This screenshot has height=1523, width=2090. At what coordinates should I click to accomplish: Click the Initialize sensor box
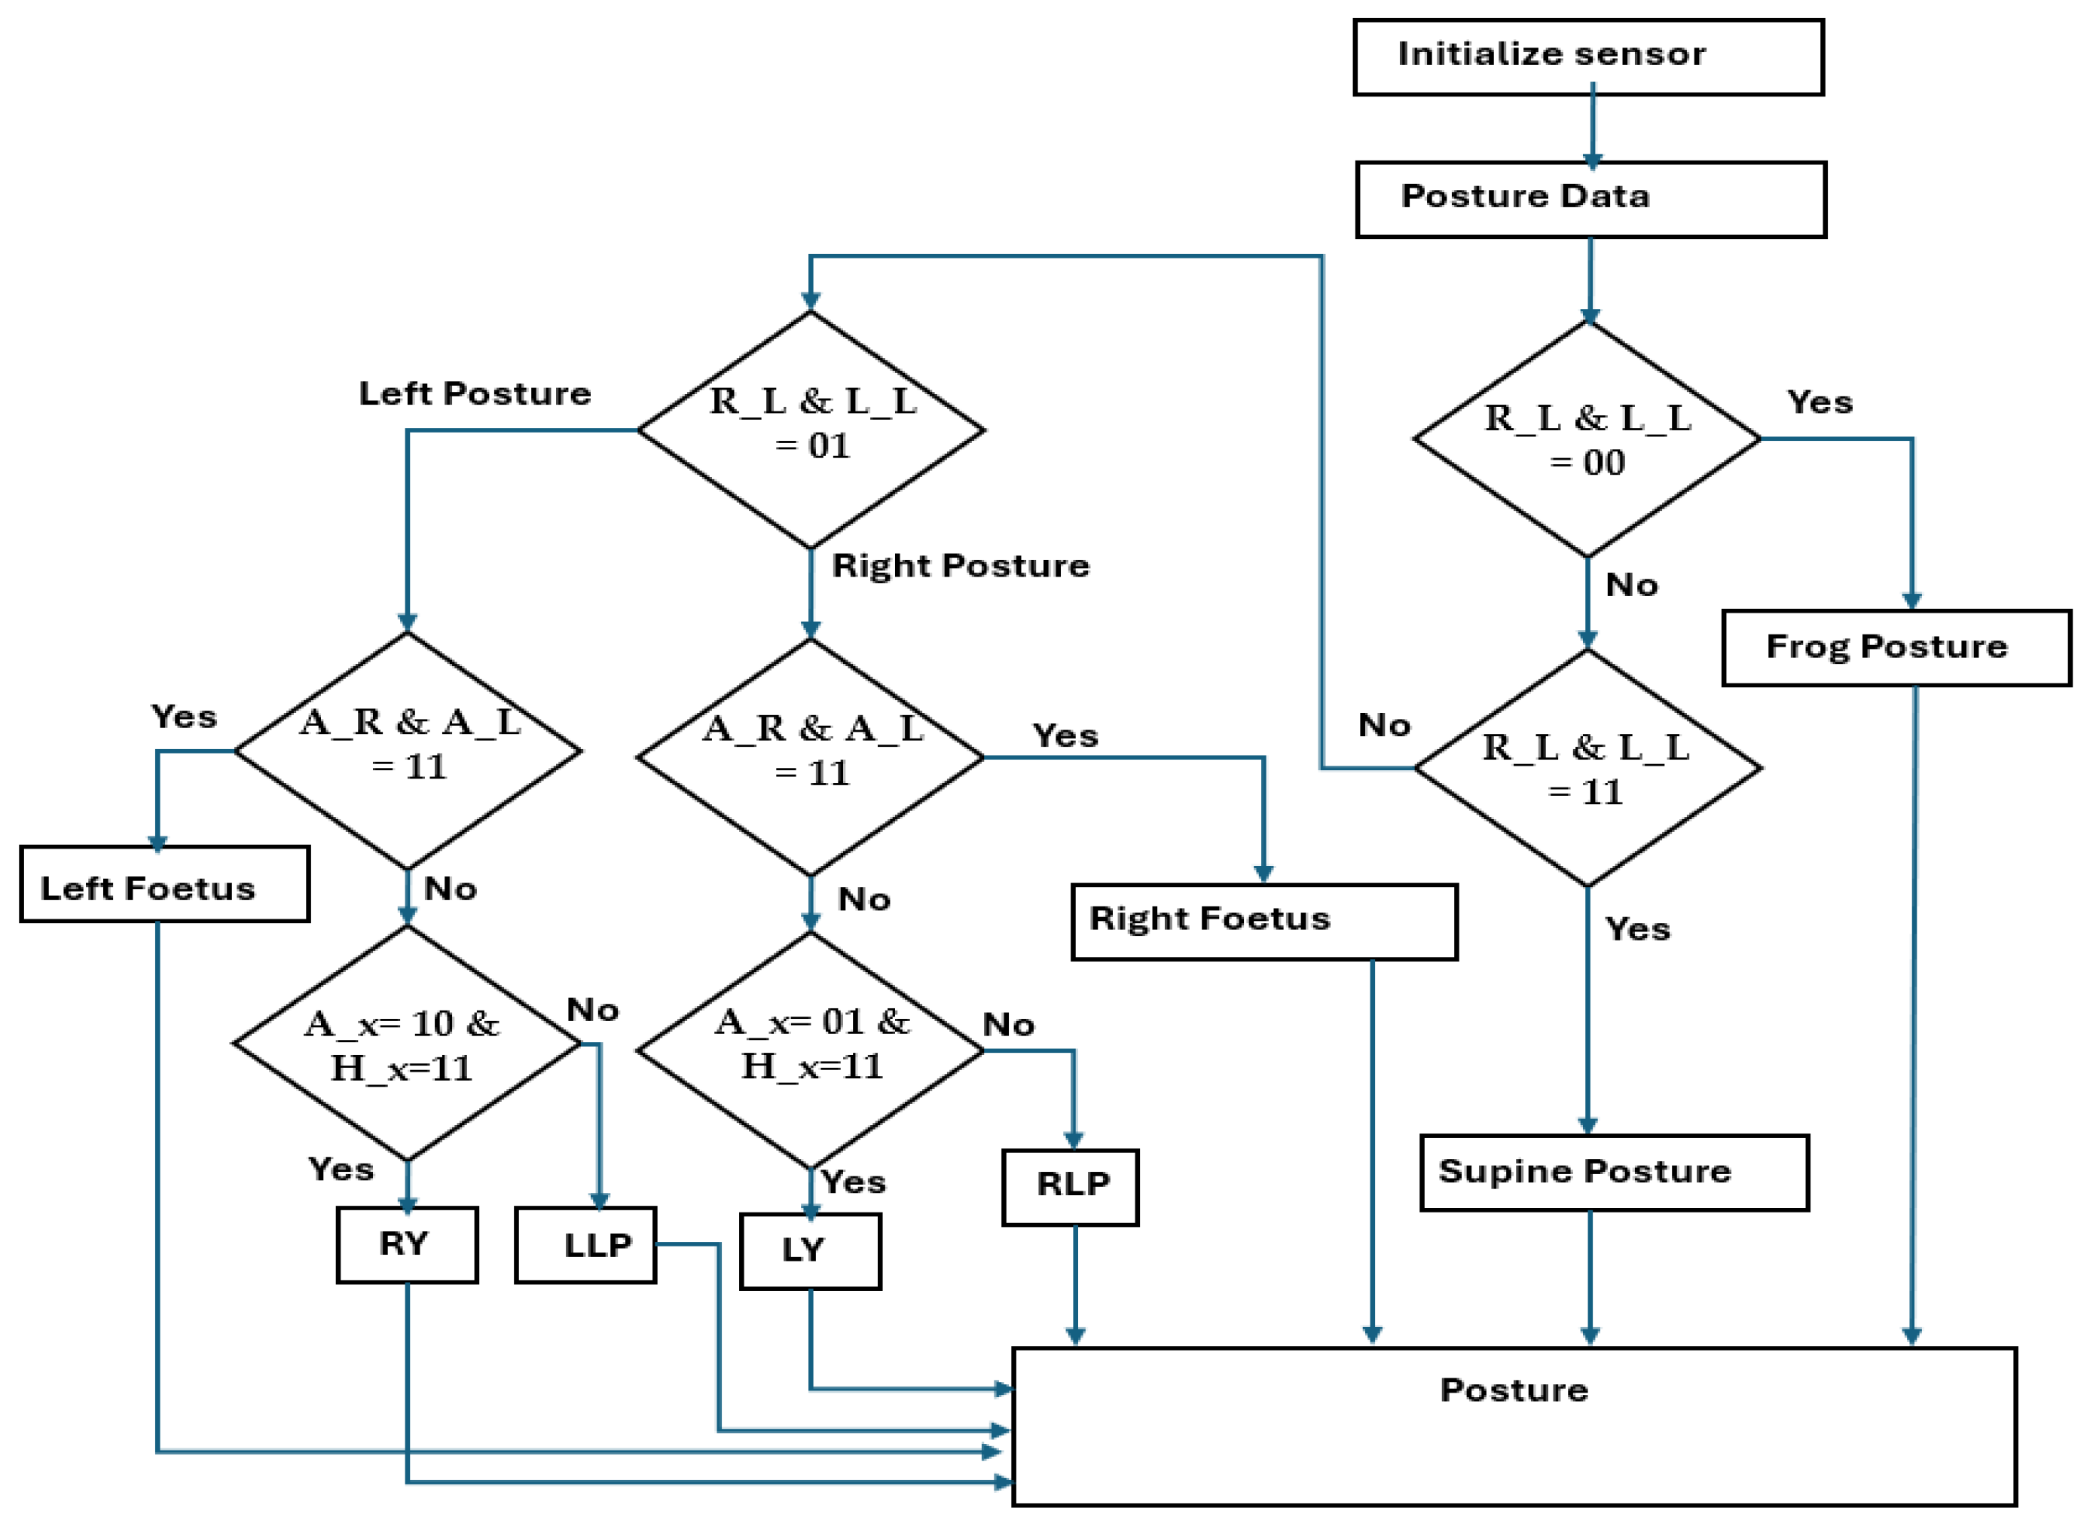[x=1587, y=57]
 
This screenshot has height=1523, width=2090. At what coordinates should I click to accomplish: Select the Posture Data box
[x=1590, y=199]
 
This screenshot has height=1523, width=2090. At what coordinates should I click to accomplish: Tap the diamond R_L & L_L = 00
[x=1587, y=440]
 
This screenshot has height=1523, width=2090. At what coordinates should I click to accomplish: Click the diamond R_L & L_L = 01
[x=811, y=430]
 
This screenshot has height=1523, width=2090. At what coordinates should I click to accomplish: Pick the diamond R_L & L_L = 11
[x=1587, y=768]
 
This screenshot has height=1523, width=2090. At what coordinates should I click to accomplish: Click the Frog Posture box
[x=1896, y=647]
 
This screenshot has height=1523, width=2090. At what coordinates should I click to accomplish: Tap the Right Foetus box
[x=1263, y=922]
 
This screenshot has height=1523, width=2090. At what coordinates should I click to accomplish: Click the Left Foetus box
[x=164, y=884]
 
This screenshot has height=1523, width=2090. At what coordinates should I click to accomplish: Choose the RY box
[x=406, y=1245]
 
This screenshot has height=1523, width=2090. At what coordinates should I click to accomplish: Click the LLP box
[x=585, y=1246]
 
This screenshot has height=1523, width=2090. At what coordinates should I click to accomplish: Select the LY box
[x=810, y=1251]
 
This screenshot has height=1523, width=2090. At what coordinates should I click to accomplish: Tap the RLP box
[x=1070, y=1188]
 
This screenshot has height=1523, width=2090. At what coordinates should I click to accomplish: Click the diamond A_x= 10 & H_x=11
[x=406, y=1044]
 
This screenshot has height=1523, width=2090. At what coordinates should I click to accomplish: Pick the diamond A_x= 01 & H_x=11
[x=811, y=1049]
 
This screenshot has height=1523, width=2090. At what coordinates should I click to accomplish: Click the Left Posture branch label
[x=475, y=393]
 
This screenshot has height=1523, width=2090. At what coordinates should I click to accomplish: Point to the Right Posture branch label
[x=960, y=565]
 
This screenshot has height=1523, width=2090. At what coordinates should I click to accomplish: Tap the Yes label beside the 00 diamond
[x=1819, y=402]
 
